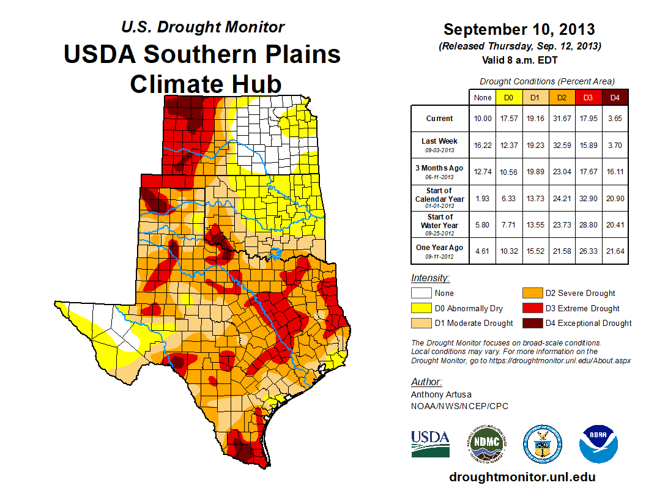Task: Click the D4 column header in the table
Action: pyautogui.click(x=615, y=98)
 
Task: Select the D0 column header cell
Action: pyautogui.click(x=508, y=98)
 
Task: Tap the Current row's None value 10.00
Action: pyautogui.click(x=482, y=119)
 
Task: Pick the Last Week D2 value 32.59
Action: pyautogui.click(x=562, y=145)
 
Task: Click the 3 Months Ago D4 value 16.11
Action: pyautogui.click(x=615, y=172)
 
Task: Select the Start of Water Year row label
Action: pyautogui.click(x=440, y=224)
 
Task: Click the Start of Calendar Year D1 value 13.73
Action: pyautogui.click(x=535, y=198)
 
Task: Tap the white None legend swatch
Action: pyautogui.click(x=421, y=294)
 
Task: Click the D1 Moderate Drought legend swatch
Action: pyautogui.click(x=421, y=323)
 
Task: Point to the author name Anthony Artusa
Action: pyautogui.click(x=440, y=394)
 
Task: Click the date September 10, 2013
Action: pyautogui.click(x=519, y=29)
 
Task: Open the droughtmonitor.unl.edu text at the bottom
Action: pyautogui.click(x=522, y=477)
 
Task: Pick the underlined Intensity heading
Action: pyautogui.click(x=430, y=278)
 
